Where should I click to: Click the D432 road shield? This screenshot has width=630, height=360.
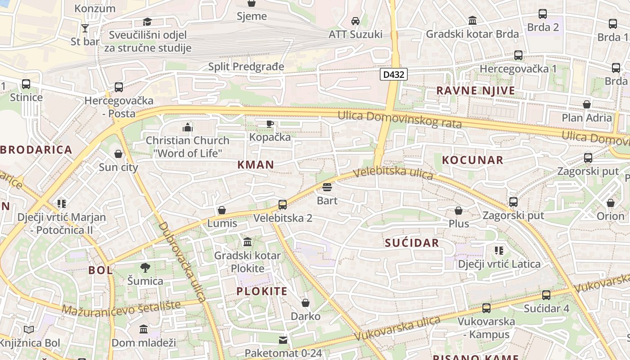point(393,75)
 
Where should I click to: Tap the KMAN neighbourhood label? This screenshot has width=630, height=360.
point(256,165)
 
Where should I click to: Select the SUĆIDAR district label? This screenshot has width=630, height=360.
point(412,243)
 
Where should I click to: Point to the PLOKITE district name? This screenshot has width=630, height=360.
point(262,291)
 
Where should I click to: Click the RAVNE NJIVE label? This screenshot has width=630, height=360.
point(476,90)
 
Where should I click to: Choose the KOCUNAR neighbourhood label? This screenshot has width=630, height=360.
point(472,160)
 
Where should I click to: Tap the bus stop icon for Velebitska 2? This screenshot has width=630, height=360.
point(283,205)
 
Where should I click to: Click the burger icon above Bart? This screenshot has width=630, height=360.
point(327,187)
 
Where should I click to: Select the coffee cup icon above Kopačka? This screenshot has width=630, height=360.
point(270,124)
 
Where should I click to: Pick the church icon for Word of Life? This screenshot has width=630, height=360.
point(188,127)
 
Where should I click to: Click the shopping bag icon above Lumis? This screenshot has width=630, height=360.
point(222,210)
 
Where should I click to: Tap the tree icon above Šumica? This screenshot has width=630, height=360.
point(145,268)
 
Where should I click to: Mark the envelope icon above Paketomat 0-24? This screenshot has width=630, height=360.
point(283,340)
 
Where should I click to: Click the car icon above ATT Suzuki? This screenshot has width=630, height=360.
point(355,21)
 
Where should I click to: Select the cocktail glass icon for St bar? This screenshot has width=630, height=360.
point(85,28)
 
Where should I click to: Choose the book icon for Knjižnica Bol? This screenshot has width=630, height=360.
point(29,330)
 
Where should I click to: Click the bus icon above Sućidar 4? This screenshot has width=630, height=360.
point(546,295)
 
